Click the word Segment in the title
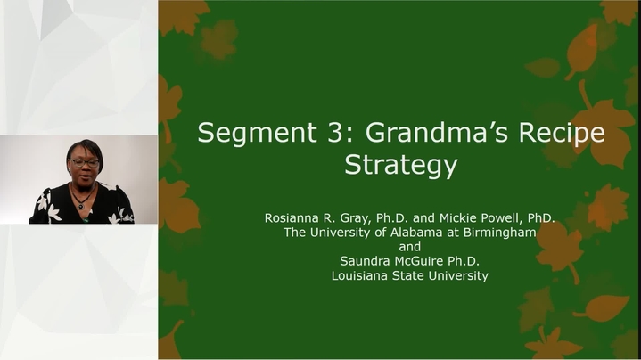(x=257, y=132)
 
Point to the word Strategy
(x=400, y=165)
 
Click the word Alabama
(x=410, y=233)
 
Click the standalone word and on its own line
(x=409, y=247)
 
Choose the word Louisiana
(x=360, y=275)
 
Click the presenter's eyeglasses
(x=86, y=163)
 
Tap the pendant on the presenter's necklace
(x=81, y=206)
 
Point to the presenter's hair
(x=86, y=148)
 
